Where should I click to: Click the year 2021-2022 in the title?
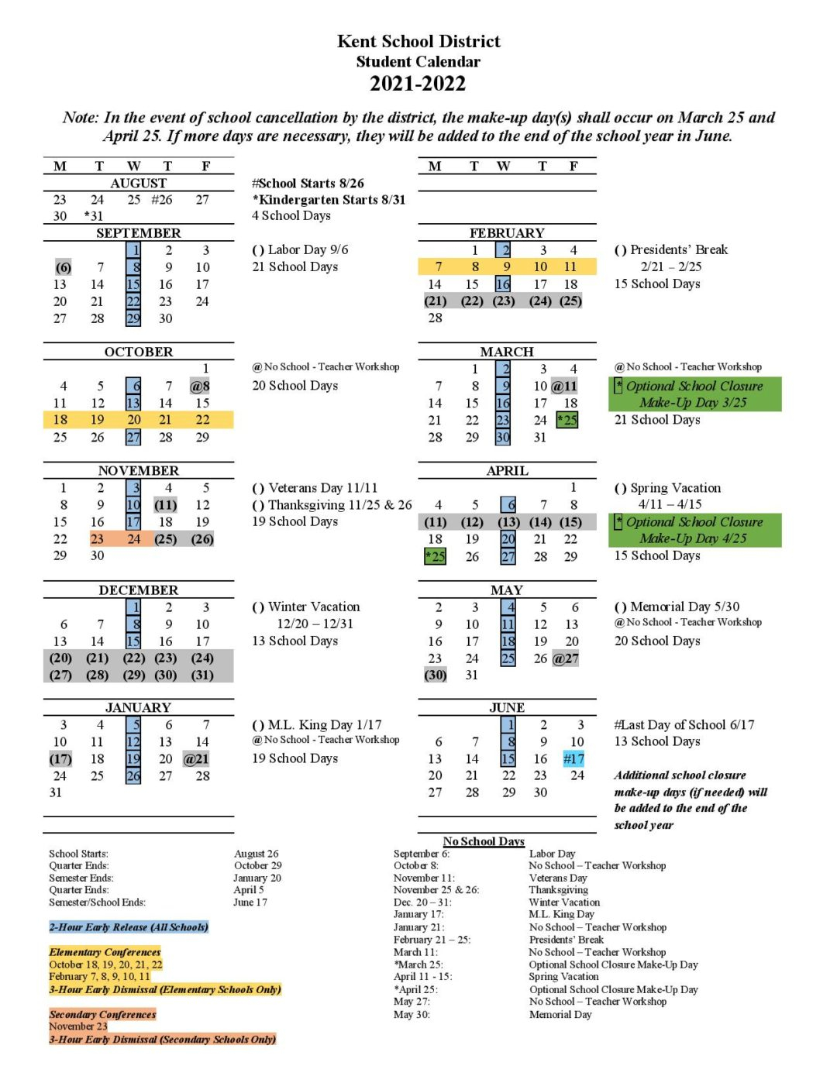[x=418, y=84]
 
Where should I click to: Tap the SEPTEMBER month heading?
[x=138, y=233]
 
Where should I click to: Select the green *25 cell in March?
[x=567, y=420]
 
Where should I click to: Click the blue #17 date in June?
[x=573, y=759]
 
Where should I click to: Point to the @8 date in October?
[x=200, y=386]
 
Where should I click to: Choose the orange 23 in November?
[x=97, y=539]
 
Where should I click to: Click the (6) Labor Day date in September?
[x=63, y=267]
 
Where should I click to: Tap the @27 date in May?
[x=566, y=658]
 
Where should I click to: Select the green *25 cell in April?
[x=435, y=556]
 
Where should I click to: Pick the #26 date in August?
[x=162, y=200]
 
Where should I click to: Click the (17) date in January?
[x=60, y=759]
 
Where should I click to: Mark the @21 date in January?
[x=196, y=759]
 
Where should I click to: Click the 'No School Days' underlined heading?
[x=484, y=841]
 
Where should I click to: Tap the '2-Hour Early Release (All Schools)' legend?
[x=129, y=927]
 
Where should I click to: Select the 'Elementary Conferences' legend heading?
[x=105, y=952]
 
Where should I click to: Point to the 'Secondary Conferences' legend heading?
[x=102, y=1014]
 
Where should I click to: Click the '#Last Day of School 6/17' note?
[x=684, y=725]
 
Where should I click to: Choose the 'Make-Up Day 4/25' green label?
[x=693, y=538]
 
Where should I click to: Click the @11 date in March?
[x=564, y=386]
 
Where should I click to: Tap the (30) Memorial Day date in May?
[x=436, y=675]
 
